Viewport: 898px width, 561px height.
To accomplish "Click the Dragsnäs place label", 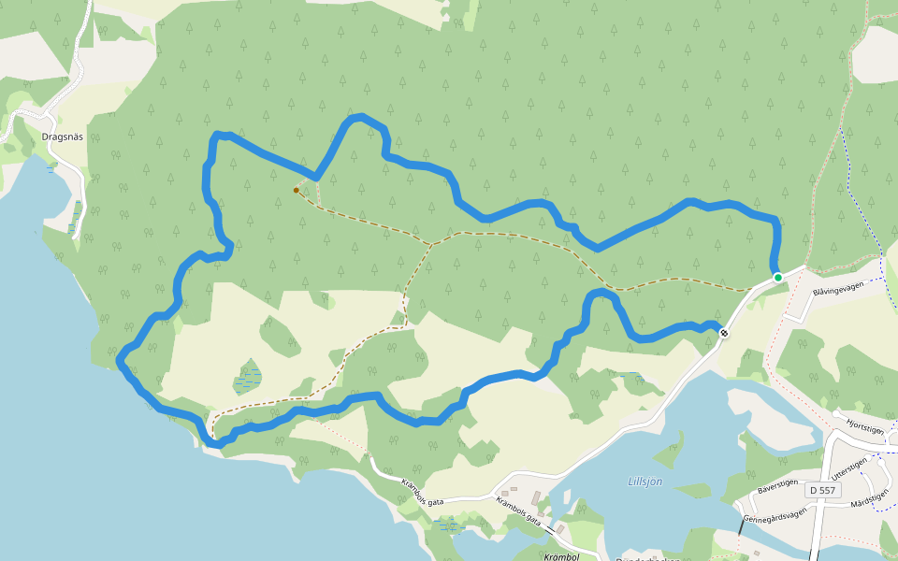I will (x=63, y=137).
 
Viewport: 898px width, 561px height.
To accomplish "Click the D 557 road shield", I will (x=824, y=490).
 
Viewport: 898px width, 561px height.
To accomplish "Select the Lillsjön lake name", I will (x=645, y=482).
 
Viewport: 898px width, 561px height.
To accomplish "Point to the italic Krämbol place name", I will (x=562, y=556).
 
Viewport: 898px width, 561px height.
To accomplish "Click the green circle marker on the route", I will (x=777, y=277).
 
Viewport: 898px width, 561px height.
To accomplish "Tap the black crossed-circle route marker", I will (x=724, y=333).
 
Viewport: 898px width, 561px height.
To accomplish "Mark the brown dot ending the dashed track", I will (x=297, y=190).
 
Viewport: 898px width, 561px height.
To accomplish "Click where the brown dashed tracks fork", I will (x=432, y=245).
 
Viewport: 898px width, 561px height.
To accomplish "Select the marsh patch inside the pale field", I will (x=247, y=377).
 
